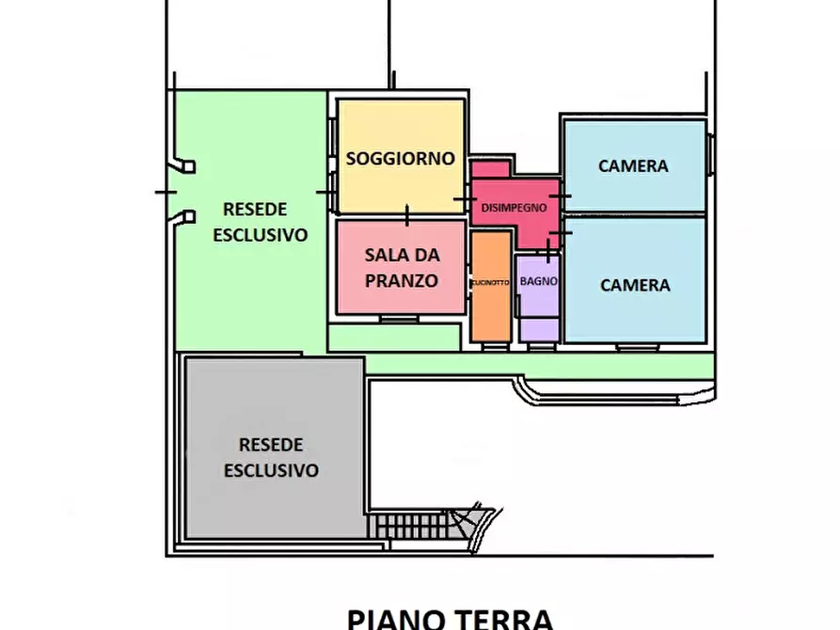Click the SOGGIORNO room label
[400, 159]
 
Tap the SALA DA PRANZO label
[402, 267]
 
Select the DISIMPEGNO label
[514, 208]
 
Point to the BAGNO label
[538, 281]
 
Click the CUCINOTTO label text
[490, 282]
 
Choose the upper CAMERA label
[633, 166]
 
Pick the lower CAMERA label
[635, 285]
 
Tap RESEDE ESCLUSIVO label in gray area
[271, 457]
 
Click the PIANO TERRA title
[450, 618]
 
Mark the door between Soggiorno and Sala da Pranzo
[406, 216]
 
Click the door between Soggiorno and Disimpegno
[464, 199]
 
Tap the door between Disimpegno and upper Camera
[561, 196]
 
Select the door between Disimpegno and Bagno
[548, 249]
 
